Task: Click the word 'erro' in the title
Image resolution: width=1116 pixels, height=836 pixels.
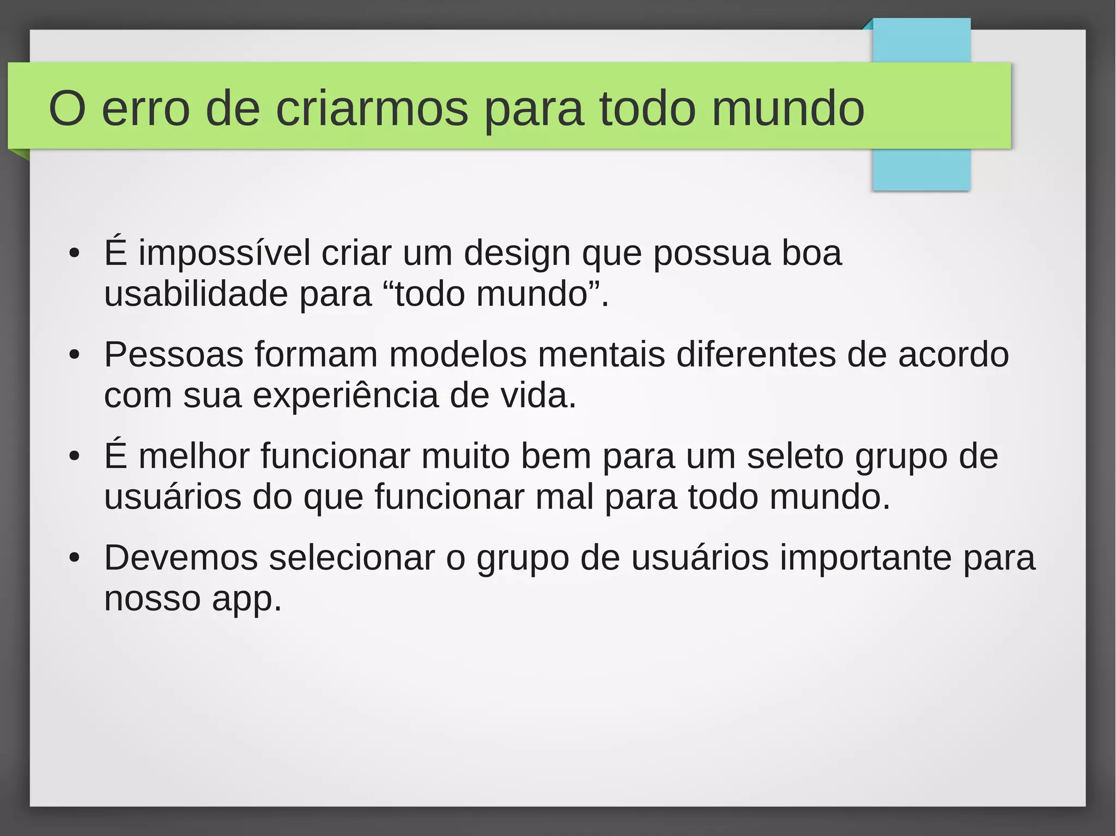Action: click(x=145, y=109)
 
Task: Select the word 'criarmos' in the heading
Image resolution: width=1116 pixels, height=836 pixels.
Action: click(x=372, y=109)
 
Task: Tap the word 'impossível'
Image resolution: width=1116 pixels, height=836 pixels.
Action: click(x=225, y=253)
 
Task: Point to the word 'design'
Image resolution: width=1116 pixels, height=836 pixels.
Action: click(x=517, y=254)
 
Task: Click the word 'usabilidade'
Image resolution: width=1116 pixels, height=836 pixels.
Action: click(x=196, y=294)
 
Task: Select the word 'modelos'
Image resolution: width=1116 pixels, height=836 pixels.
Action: click(x=458, y=355)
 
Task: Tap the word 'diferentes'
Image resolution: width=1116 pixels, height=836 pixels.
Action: click(x=756, y=355)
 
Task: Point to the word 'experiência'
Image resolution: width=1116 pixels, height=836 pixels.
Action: click(x=345, y=396)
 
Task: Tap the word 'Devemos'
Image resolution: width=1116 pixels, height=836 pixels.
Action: click(x=181, y=558)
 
